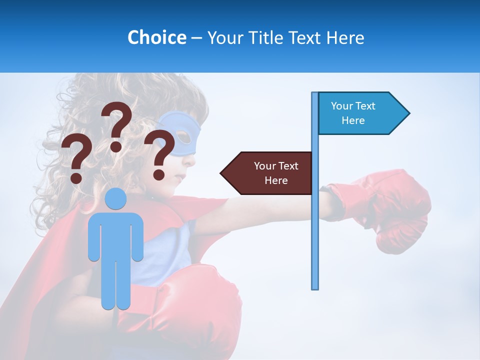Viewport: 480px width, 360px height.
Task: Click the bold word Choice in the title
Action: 156,37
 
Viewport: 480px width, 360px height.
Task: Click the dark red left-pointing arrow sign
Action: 267,173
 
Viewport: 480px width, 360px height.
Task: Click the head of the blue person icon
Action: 116,198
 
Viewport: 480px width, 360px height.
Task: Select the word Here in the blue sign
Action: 353,120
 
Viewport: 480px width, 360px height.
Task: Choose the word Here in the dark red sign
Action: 276,180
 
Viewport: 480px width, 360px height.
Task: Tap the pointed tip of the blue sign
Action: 408,113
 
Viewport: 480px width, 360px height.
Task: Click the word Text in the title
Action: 307,37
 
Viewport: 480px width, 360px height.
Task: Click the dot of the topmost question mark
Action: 116,146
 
